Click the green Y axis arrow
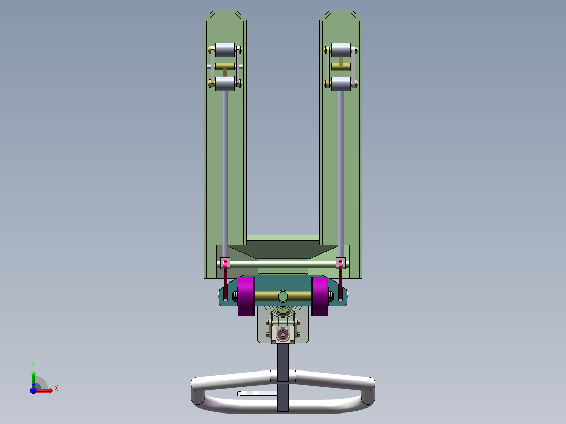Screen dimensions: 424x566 pyautogui.click(x=33, y=377)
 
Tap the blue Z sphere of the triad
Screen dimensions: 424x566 pyautogui.click(x=33, y=390)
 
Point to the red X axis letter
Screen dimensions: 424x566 pyautogui.click(x=56, y=388)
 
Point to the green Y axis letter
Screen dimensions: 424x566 pyautogui.click(x=33, y=365)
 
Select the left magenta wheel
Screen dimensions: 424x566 pyautogui.click(x=246, y=296)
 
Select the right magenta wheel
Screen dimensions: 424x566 pyautogui.click(x=319, y=296)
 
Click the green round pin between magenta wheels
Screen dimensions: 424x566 pyautogui.click(x=283, y=296)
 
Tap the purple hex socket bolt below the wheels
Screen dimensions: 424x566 pyautogui.click(x=284, y=334)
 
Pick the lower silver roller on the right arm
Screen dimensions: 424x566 pyautogui.click(x=341, y=83)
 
